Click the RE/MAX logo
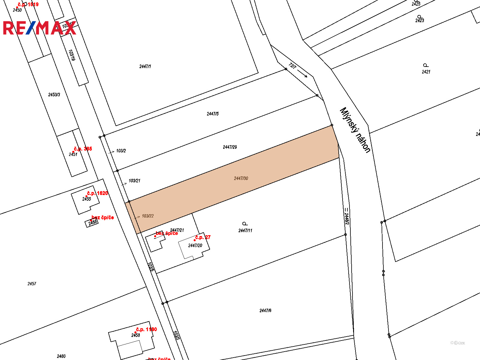(x=40, y=28)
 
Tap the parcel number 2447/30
(x=241, y=178)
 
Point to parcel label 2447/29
(x=230, y=147)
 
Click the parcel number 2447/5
(x=213, y=114)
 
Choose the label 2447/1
(x=145, y=66)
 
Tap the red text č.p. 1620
(x=97, y=193)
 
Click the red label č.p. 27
(x=203, y=237)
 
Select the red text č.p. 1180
(x=146, y=329)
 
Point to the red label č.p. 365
(x=83, y=149)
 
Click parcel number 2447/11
(x=245, y=230)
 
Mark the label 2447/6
(x=265, y=310)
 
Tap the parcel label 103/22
(x=148, y=216)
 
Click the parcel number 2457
(x=32, y=283)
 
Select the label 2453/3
(x=54, y=94)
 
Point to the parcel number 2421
(x=426, y=72)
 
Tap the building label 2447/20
(x=195, y=245)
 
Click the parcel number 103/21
(x=134, y=181)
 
